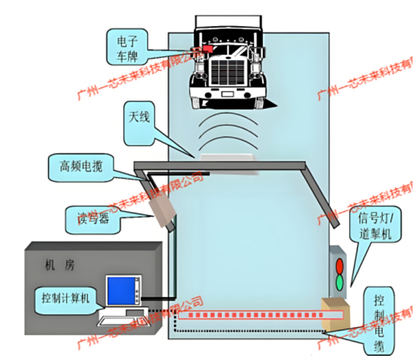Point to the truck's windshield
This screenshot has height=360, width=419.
pyautogui.click(x=228, y=41)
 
